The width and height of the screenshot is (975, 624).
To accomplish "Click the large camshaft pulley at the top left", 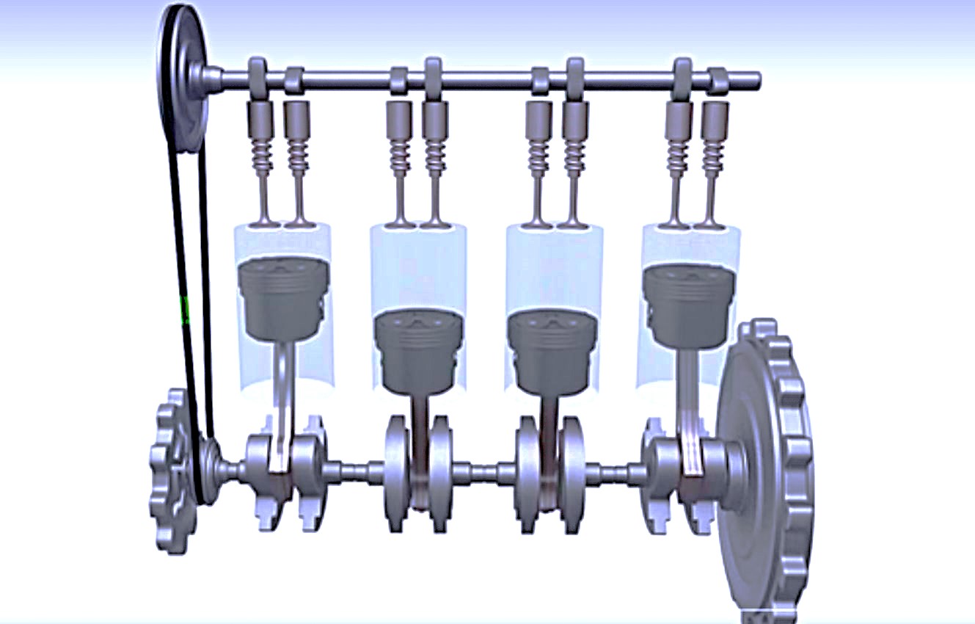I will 181,77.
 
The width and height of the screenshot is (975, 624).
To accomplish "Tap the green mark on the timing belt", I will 185,310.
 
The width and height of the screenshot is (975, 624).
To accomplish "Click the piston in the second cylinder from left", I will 419,349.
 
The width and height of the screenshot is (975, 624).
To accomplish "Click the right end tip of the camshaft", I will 756,79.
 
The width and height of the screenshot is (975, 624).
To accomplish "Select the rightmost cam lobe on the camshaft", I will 717,79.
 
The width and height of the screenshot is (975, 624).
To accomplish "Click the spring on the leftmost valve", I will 263,155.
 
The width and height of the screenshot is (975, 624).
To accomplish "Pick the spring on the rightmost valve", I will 714,155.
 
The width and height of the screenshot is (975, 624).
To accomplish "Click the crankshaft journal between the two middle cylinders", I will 485,471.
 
